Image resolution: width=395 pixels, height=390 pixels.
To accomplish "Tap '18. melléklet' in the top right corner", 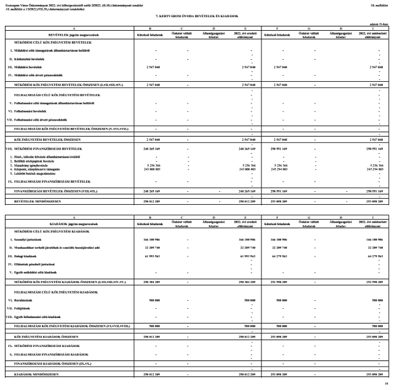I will click(381, 4).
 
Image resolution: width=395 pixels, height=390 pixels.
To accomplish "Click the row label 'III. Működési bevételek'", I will click(25, 66).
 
